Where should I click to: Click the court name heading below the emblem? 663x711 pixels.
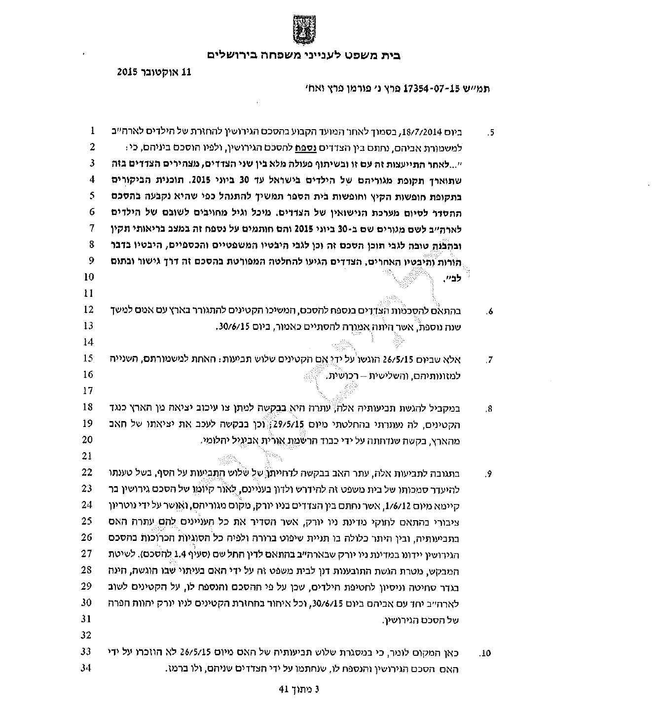pyautogui.click(x=303, y=55)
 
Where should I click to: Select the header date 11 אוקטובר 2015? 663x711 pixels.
pyautogui.click(x=153, y=71)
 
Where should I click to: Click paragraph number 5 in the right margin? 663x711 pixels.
pyautogui.click(x=490, y=133)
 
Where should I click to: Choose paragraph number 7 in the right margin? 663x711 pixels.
pyautogui.click(x=489, y=360)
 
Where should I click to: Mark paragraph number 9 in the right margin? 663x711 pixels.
pyautogui.click(x=489, y=474)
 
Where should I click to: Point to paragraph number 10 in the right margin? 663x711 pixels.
pyautogui.click(x=485, y=654)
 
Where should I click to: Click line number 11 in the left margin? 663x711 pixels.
pyautogui.click(x=89, y=293)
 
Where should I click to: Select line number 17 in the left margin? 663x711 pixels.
pyautogui.click(x=88, y=391)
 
